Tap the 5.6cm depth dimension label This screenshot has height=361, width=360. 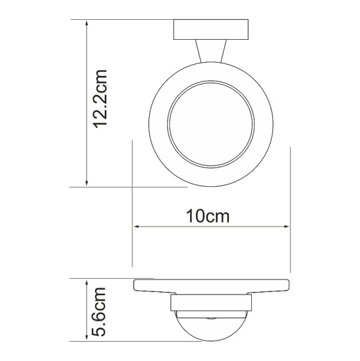click(x=101, y=311)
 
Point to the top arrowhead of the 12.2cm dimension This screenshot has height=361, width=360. click(x=86, y=24)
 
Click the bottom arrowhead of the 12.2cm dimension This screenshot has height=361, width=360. click(x=86, y=182)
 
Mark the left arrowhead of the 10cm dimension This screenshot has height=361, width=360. click(x=137, y=227)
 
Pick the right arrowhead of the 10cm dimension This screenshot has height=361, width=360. click(x=286, y=227)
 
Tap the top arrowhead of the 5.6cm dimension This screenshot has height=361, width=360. click(x=86, y=283)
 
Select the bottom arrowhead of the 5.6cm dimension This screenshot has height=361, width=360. click(x=86, y=337)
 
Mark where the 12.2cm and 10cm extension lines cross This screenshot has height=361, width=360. click(x=132, y=186)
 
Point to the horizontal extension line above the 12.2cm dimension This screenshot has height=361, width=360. click(x=124, y=19)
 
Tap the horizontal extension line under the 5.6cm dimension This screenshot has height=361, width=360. click(x=124, y=341)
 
